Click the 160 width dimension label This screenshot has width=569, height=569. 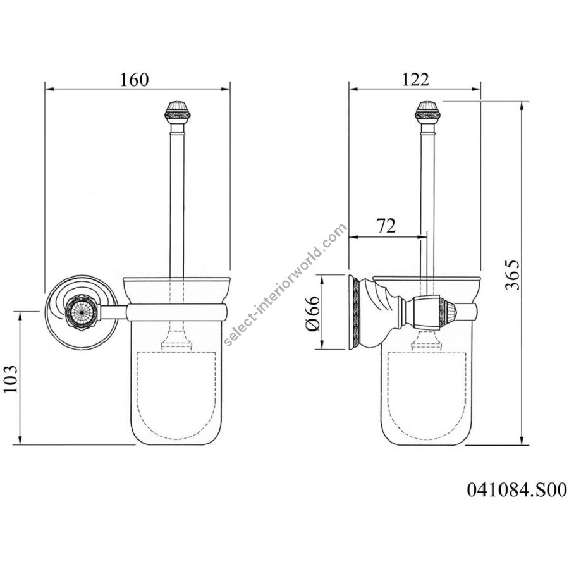pyautogui.click(x=134, y=80)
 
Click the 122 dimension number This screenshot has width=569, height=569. pyautogui.click(x=415, y=80)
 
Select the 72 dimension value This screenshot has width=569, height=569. pyautogui.click(x=386, y=226)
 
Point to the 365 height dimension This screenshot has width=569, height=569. pyautogui.click(x=513, y=275)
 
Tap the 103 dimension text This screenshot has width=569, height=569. pyautogui.click(x=10, y=379)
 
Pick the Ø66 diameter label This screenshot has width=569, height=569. pyautogui.click(x=313, y=313)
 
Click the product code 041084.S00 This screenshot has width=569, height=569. pyautogui.click(x=517, y=489)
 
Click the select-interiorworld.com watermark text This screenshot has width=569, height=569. pyautogui.click(x=285, y=285)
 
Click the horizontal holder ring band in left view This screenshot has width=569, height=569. pyautogui.click(x=177, y=312)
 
